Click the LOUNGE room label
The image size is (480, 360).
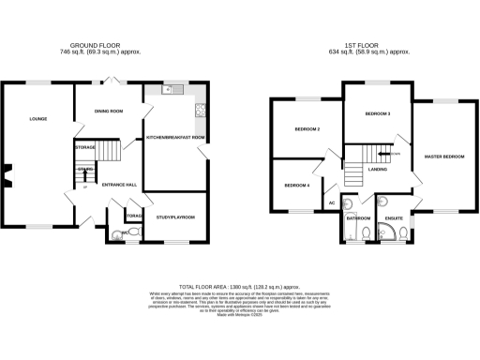tap(38, 119)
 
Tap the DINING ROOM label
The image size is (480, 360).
tap(110, 112)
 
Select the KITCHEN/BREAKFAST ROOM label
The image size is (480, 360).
tap(175, 138)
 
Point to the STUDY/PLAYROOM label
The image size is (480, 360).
tap(175, 217)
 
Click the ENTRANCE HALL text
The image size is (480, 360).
tap(119, 185)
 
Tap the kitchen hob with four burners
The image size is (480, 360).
tap(200, 110)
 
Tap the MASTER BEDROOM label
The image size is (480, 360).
tap(443, 156)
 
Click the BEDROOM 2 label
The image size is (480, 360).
tap(307, 128)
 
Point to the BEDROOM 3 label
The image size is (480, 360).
tap(377, 113)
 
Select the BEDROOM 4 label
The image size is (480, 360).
tap(296, 185)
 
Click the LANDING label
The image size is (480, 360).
tap(378, 169)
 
